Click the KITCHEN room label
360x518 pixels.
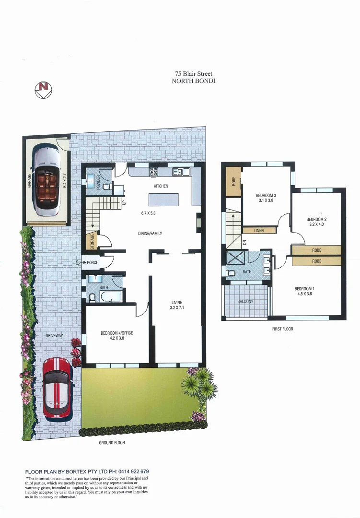click(x=161, y=186)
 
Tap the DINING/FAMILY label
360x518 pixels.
click(x=150, y=234)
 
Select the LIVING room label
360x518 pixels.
click(x=177, y=303)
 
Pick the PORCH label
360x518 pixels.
click(x=93, y=263)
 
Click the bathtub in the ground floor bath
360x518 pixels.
click(x=110, y=296)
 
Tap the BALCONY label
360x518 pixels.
click(x=245, y=302)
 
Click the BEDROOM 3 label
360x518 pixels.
click(x=266, y=196)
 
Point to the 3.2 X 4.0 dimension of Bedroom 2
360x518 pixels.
click(x=316, y=224)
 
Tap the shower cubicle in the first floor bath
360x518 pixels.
click(x=235, y=258)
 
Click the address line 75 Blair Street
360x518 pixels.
click(x=193, y=74)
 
